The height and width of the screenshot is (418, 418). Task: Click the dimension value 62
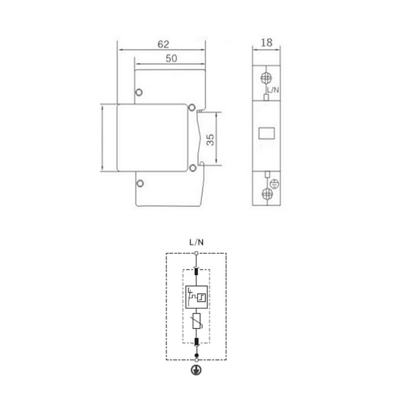click(x=163, y=44)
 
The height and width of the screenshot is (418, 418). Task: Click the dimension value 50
click(x=171, y=59)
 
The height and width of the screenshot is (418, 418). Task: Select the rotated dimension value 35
click(x=210, y=140)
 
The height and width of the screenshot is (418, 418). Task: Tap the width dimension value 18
click(x=266, y=42)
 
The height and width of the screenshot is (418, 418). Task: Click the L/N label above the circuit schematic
click(x=196, y=242)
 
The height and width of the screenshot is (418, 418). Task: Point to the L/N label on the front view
click(x=273, y=90)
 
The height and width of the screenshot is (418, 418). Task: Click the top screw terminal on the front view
click(x=266, y=78)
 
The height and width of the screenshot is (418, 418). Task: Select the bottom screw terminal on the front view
click(x=267, y=193)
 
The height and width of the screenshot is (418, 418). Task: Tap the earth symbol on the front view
click(x=274, y=184)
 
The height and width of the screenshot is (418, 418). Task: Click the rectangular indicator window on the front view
click(x=266, y=133)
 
